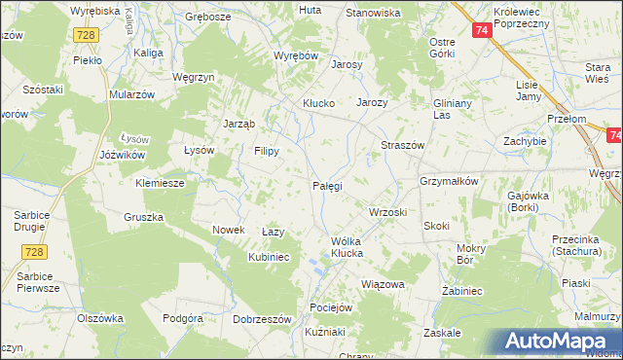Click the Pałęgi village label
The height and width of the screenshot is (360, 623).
click(x=326, y=185)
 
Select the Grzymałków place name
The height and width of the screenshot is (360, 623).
click(x=449, y=181)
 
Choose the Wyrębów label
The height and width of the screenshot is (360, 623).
click(x=297, y=56)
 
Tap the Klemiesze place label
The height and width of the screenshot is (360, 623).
click(x=160, y=182)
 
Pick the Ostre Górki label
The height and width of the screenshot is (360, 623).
click(x=443, y=48)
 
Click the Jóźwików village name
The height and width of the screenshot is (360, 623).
click(x=123, y=155)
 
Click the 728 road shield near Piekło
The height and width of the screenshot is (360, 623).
click(x=86, y=34)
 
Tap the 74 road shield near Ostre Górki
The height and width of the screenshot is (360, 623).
click(x=482, y=31)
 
